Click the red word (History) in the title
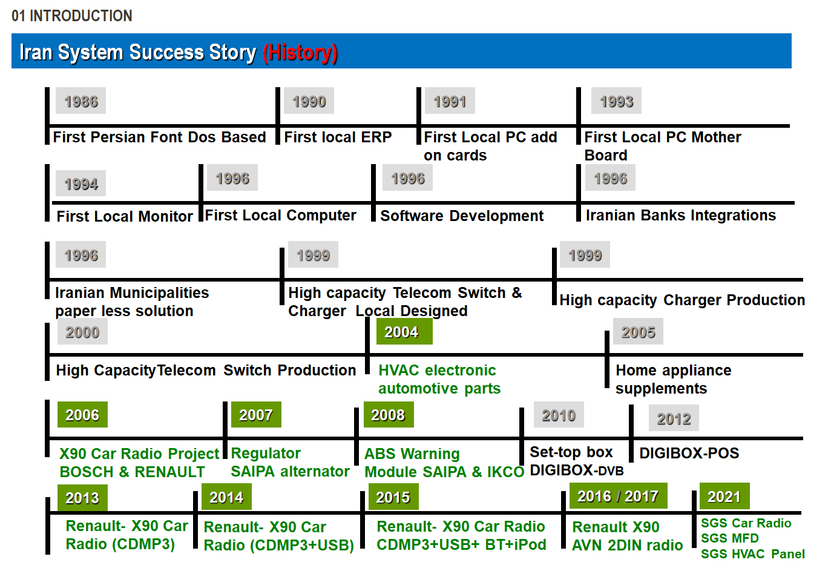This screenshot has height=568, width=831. tap(300, 53)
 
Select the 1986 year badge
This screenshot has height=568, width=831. tap(81, 101)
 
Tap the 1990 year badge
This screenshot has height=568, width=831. tap(309, 101)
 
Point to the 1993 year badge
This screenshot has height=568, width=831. tap(616, 101)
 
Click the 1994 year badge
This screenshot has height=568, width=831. tap(81, 183)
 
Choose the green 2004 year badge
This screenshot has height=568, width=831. tap(404, 331)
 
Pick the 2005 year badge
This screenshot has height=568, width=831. tap(638, 331)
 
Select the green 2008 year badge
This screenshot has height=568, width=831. tap(389, 415)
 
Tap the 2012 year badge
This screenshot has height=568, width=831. tap(674, 418)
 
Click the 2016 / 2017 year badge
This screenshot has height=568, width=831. tap(618, 496)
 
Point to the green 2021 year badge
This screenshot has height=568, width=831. tap(724, 496)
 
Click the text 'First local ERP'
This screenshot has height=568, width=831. tap(338, 137)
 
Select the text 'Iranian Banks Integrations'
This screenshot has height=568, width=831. tap(681, 216)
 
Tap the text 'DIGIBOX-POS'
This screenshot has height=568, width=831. tap(689, 454)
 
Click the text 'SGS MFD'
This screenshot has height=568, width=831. tap(730, 538)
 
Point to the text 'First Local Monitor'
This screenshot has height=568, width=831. tap(125, 216)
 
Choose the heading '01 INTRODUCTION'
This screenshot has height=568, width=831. tap(72, 16)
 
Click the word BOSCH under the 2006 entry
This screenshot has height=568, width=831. tap(87, 472)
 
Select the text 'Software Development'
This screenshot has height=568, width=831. tap(462, 216)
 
